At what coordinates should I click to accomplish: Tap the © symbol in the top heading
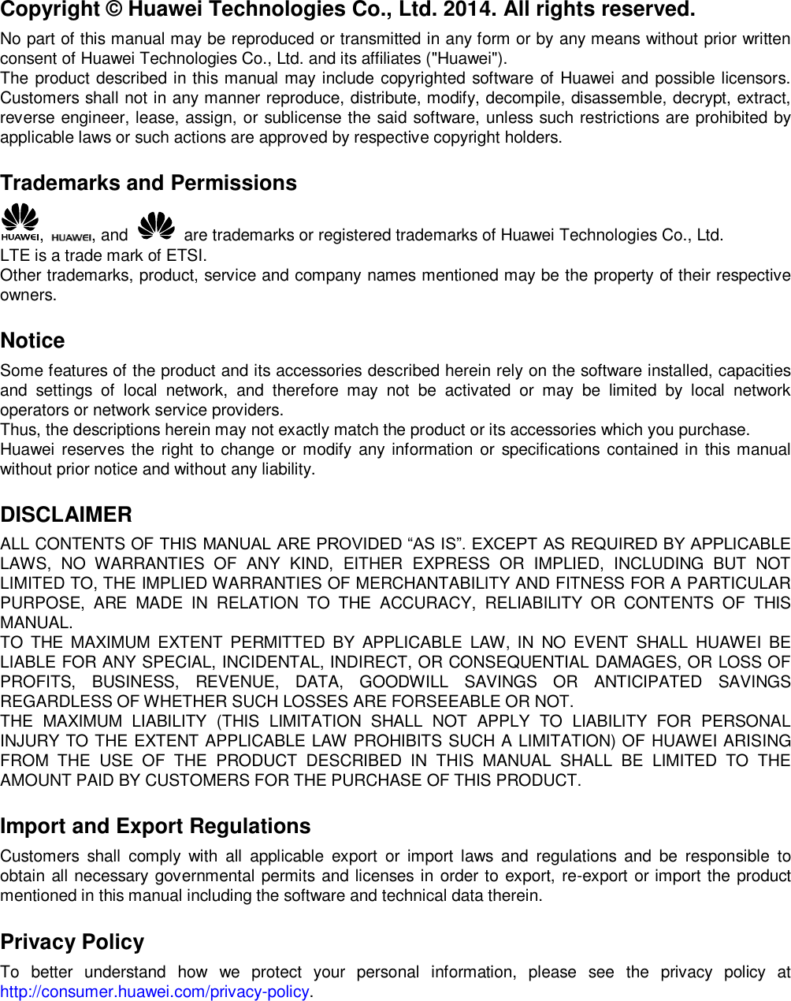pos(112,10)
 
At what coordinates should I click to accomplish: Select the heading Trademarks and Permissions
pos(149,183)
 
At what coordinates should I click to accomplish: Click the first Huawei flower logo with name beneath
pos(20,221)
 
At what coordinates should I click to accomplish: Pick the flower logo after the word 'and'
pos(156,225)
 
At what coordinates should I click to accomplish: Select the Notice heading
pos(32,340)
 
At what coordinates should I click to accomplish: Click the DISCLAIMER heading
pos(66,515)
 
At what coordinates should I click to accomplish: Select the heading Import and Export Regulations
pos(155,826)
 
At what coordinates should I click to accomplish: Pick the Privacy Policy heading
pos(72,942)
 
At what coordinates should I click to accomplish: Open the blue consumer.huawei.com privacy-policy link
pos(155,992)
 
